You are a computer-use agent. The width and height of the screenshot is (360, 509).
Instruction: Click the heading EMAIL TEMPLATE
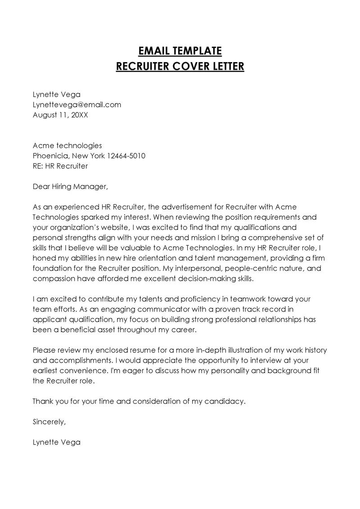coord(180,50)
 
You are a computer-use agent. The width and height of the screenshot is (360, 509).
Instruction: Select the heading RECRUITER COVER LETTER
coord(180,67)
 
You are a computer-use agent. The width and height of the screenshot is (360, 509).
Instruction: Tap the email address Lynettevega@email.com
coord(77,104)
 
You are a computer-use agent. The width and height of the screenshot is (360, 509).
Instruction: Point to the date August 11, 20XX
coord(61,115)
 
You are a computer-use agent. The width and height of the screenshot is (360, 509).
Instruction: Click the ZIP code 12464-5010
coord(126,156)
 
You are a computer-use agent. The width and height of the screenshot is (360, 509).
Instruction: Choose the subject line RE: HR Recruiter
coord(60,166)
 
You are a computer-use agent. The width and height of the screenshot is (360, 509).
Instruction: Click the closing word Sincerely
coord(49,422)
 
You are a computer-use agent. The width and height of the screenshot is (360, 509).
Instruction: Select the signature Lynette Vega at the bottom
coord(57,442)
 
